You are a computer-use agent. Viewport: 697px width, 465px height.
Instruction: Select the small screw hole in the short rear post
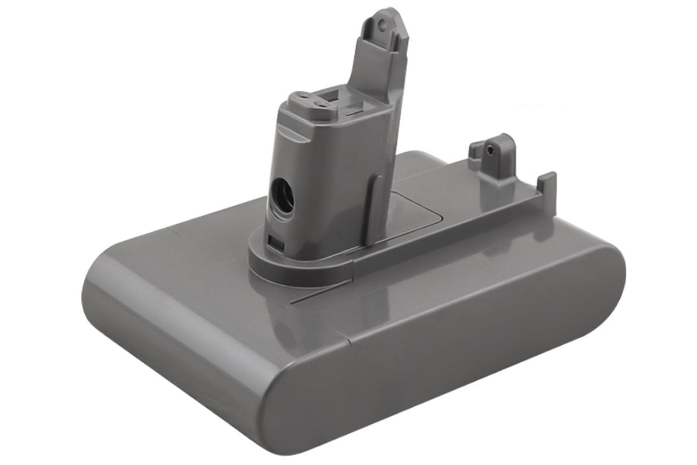[493, 149]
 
